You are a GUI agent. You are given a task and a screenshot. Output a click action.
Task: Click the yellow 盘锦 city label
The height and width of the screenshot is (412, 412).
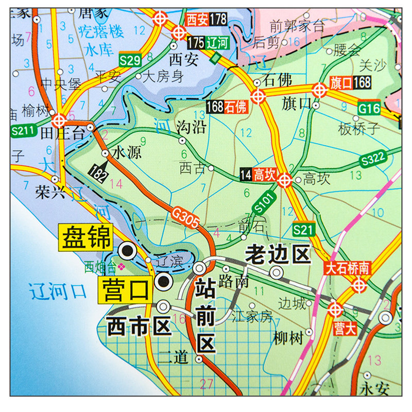pyautogui.click(x=87, y=237)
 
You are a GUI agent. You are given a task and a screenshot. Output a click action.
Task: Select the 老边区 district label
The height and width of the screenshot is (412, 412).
pyautogui.click(x=279, y=254)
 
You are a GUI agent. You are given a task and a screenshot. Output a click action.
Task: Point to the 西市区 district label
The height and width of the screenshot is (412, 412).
pyautogui.click(x=138, y=325)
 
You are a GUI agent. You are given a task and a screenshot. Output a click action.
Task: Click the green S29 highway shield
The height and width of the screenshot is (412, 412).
pyautogui.click(x=129, y=60)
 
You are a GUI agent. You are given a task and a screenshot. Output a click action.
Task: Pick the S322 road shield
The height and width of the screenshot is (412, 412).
pyautogui.click(x=372, y=160)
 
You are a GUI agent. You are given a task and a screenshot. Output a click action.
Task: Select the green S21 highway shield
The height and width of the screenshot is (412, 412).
pyautogui.click(x=303, y=229)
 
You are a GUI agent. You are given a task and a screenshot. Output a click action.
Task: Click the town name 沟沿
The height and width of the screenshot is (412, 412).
pyautogui.click(x=191, y=127)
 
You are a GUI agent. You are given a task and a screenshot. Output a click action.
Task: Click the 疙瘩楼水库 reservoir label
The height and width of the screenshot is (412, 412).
pyautogui.click(x=101, y=40)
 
